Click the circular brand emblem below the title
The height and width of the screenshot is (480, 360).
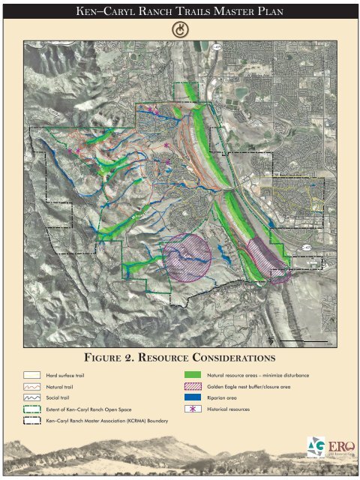tap(180, 29)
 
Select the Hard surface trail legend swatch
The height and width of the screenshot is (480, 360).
tap(31, 374)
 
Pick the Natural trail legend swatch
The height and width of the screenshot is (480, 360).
tap(31, 386)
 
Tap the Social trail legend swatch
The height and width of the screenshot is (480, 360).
tap(31, 398)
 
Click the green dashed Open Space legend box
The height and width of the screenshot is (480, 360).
tap(31, 410)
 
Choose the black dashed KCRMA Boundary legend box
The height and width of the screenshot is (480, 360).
tap(31, 421)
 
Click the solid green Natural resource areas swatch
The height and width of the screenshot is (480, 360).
tap(194, 374)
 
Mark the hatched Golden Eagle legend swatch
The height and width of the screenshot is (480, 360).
tap(194, 386)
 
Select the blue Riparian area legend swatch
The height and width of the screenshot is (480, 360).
tap(194, 398)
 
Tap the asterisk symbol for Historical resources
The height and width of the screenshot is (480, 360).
tap(194, 410)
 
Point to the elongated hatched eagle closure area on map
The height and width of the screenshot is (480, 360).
tap(266, 259)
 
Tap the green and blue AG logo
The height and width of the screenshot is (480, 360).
tap(316, 445)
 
